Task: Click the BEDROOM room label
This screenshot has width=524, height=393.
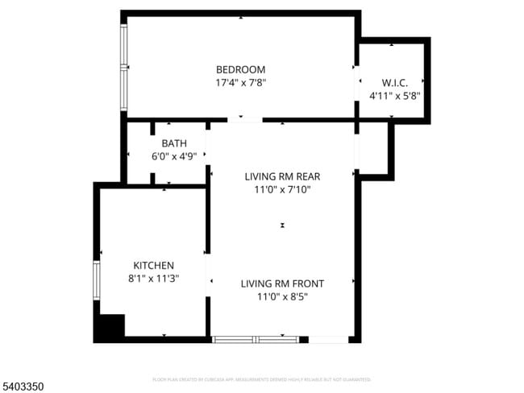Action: pyautogui.click(x=240, y=69)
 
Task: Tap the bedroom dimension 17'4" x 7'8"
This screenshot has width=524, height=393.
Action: pyautogui.click(x=240, y=82)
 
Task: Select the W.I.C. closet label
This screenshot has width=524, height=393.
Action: pyautogui.click(x=394, y=82)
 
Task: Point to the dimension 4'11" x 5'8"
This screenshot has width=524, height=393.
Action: pyautogui.click(x=394, y=95)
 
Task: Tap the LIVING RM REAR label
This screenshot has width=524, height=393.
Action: pyautogui.click(x=277, y=176)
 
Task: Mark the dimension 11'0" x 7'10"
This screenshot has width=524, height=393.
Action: pyautogui.click(x=277, y=189)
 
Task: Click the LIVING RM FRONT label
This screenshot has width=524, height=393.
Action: pyautogui.click(x=282, y=283)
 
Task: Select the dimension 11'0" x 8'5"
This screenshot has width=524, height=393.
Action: pyautogui.click(x=282, y=296)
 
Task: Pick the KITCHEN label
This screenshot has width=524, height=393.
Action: pyautogui.click(x=153, y=265)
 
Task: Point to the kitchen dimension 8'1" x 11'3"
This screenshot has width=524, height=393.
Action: pyautogui.click(x=153, y=278)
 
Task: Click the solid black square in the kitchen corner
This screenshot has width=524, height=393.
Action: pyautogui.click(x=109, y=328)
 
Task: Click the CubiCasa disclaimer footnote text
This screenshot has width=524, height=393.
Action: pyautogui.click(x=261, y=379)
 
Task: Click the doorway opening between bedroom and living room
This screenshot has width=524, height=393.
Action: pyautogui.click(x=245, y=121)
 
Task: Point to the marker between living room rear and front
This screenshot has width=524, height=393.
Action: pyautogui.click(x=282, y=226)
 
